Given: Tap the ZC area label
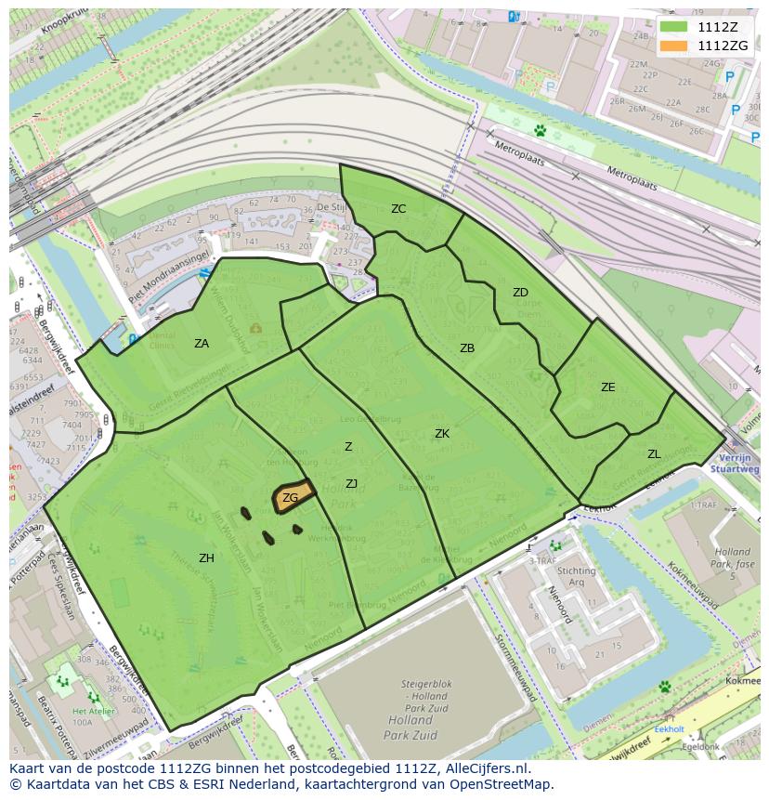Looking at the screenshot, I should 398,209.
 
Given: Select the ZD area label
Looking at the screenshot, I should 520,293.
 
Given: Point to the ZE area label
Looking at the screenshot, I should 607,387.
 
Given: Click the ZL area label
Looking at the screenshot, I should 654,454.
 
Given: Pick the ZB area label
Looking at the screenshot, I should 467,348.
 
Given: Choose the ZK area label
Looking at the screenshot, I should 442,434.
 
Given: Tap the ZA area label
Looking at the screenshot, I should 202,344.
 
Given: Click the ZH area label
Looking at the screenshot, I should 206,558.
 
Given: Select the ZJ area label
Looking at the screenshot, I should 351,484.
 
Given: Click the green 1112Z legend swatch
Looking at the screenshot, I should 675,27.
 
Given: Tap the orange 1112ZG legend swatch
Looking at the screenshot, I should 675,46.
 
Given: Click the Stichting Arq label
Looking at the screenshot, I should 577,577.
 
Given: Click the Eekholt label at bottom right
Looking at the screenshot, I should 669,729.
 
